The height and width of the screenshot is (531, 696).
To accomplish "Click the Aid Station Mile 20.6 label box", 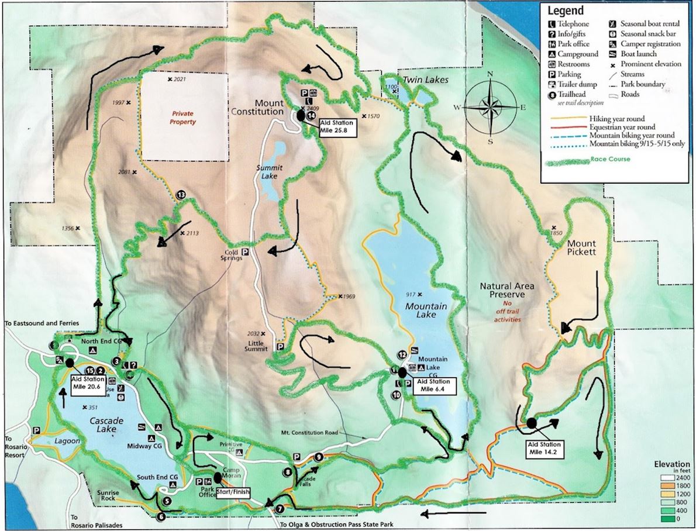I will click(87, 387).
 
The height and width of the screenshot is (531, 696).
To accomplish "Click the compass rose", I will click(490, 107).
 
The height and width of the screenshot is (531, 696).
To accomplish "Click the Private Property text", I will click(182, 118).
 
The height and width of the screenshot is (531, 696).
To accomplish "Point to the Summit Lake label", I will click(270, 172).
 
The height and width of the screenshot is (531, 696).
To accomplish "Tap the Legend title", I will click(566, 11).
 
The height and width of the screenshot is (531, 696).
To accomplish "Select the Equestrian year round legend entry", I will click(622, 127).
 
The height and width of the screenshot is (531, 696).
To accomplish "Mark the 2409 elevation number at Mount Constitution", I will click(315, 109).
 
